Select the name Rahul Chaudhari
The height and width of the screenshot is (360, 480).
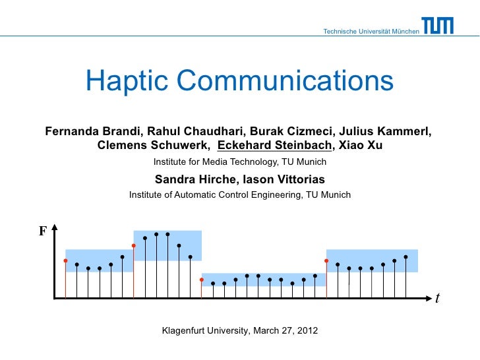tap(191, 131)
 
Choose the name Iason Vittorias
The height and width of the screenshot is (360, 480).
tap(285, 179)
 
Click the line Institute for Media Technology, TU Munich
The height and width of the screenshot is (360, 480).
tap(240, 162)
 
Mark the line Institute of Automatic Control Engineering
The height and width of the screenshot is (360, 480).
tap(240, 195)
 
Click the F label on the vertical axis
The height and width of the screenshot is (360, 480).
tap(43, 231)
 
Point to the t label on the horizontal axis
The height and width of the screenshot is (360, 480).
tap(436, 298)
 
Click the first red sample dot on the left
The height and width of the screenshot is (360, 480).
tap(65, 260)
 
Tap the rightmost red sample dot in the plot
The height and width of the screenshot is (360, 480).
tap(326, 260)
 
